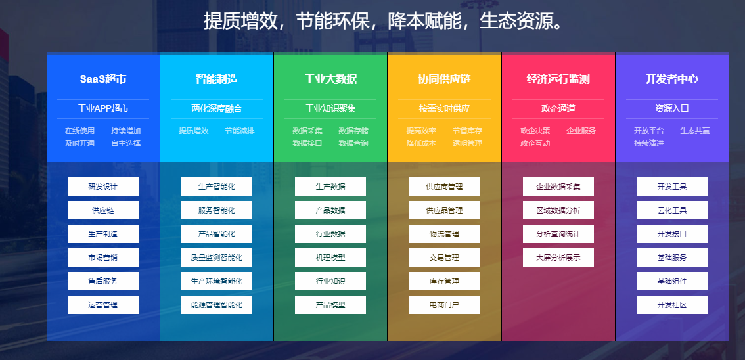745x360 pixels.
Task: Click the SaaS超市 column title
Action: tap(103, 79)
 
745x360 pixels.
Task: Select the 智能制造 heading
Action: tap(217, 79)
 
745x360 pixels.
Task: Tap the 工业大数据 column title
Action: tap(330, 79)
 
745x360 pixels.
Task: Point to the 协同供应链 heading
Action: tap(444, 79)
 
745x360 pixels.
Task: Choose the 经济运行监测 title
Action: tap(558, 79)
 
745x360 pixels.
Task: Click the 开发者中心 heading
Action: tap(672, 79)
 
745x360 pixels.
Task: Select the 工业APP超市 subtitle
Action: tap(103, 108)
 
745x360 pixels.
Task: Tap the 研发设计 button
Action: tap(103, 187)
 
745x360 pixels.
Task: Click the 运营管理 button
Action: tap(103, 305)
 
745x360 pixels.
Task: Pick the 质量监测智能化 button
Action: tap(217, 258)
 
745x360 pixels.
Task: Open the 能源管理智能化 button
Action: tap(217, 305)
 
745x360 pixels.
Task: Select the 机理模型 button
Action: tap(330, 258)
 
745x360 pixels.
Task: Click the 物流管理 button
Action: tap(444, 234)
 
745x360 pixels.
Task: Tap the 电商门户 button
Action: tap(444, 305)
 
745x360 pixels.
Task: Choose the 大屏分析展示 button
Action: tap(558, 258)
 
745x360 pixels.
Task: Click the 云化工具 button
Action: tap(672, 210)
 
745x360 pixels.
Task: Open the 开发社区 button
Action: tap(672, 305)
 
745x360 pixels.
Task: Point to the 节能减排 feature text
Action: tap(239, 131)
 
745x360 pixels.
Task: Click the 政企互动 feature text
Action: tap(535, 143)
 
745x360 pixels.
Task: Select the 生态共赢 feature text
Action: tap(694, 131)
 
